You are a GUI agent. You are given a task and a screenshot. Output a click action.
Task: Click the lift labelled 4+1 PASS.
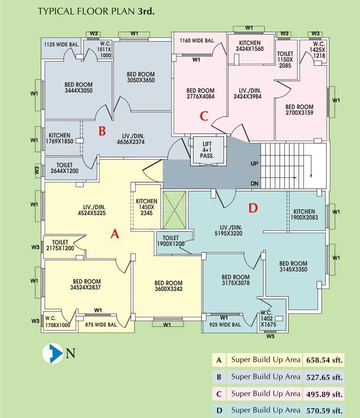click(208, 150)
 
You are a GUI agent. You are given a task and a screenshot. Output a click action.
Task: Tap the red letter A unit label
click(115, 234)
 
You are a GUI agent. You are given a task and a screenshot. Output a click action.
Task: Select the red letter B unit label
click(102, 131)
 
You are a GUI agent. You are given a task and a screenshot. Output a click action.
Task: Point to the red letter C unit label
click(204, 116)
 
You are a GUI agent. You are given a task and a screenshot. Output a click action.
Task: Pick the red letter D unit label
click(253, 208)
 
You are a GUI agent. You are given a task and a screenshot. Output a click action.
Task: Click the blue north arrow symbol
click(53, 353)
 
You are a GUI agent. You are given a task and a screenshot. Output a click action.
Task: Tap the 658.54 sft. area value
click(324, 360)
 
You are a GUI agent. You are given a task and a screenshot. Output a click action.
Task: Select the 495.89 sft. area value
click(324, 394)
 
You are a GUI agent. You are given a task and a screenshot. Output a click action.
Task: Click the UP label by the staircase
click(255, 164)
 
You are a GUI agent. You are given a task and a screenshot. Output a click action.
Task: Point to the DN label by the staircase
click(255, 183)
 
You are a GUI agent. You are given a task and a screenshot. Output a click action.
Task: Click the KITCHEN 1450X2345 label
click(147, 207)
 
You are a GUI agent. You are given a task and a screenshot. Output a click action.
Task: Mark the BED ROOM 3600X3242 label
click(168, 286)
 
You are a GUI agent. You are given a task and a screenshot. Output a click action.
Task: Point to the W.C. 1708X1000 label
click(57, 322)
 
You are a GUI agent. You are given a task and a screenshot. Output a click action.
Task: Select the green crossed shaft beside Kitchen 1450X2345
click(174, 210)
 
